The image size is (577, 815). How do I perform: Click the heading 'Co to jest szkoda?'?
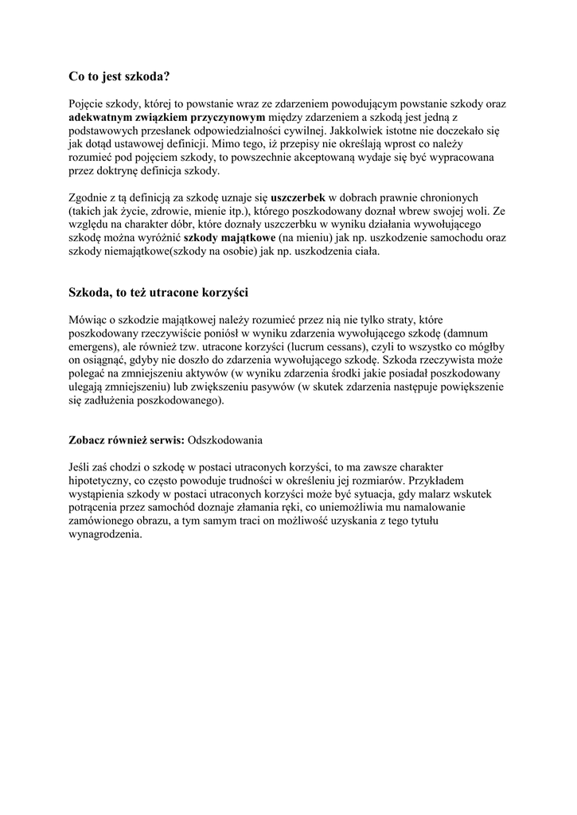click(x=119, y=77)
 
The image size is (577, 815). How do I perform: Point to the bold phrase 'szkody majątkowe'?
click(x=230, y=238)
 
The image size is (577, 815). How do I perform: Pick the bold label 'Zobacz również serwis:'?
click(x=127, y=439)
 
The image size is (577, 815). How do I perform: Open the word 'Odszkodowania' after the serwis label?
click(x=225, y=439)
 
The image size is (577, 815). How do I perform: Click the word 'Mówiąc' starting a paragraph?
click(x=89, y=320)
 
